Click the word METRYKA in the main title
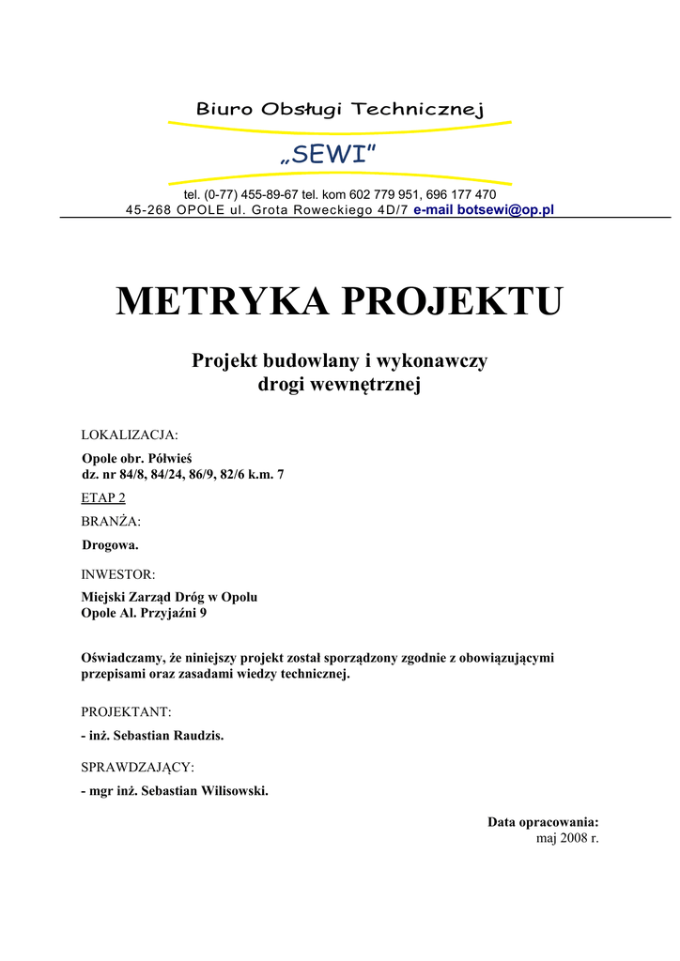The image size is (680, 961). (x=222, y=302)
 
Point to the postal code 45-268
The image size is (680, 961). (x=148, y=209)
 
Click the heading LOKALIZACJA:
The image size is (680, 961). (x=130, y=435)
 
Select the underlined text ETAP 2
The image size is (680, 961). (x=103, y=497)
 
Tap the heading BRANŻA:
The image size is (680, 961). (x=111, y=521)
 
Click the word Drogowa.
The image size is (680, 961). (x=110, y=544)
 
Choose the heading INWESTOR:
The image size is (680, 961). (x=118, y=573)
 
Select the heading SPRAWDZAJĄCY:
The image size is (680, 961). (x=137, y=768)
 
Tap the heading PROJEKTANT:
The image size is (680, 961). (x=126, y=712)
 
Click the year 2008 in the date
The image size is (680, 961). (x=574, y=838)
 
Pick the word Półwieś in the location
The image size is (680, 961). (x=170, y=458)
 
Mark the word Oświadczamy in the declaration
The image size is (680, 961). (x=123, y=658)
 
